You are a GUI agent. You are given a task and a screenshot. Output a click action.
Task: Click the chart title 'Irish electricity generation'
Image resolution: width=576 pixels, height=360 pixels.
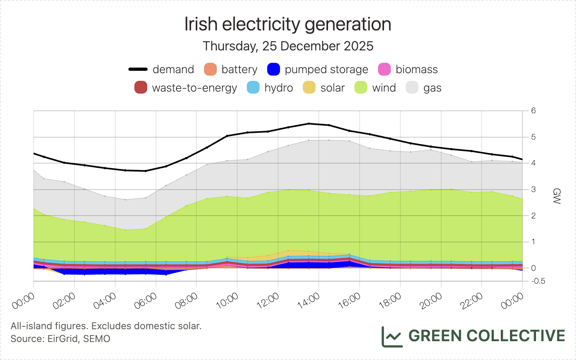pyautogui.click(x=288, y=24)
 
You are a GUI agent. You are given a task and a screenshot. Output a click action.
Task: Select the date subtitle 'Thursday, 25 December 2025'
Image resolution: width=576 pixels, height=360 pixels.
pyautogui.click(x=288, y=46)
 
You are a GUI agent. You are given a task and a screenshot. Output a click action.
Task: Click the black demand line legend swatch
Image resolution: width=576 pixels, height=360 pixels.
pyautogui.click(x=138, y=69)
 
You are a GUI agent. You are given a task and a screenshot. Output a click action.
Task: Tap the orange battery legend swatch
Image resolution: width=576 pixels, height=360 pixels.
pyautogui.click(x=210, y=69)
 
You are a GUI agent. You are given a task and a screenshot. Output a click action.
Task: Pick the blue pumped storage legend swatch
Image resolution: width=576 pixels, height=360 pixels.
pyautogui.click(x=274, y=69)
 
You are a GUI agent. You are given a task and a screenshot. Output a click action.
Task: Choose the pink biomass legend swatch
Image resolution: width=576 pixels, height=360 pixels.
pyautogui.click(x=384, y=69)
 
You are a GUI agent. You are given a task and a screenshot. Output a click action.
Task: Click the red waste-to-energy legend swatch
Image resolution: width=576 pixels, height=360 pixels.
pyautogui.click(x=141, y=88)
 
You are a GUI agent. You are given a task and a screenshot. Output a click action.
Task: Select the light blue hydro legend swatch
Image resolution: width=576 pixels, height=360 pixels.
pyautogui.click(x=253, y=88)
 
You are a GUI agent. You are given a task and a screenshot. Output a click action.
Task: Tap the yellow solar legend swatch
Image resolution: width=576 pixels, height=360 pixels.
pyautogui.click(x=309, y=88)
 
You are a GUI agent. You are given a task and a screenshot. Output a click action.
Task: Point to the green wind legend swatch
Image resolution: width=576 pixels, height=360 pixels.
pyautogui.click(x=361, y=88)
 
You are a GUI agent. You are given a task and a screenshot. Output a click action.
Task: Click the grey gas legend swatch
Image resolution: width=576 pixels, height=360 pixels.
pyautogui.click(x=412, y=88)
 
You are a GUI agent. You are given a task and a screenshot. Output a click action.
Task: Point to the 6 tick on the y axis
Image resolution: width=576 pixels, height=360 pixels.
pyautogui.click(x=534, y=111)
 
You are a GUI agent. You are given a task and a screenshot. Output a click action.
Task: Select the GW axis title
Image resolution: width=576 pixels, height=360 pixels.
pyautogui.click(x=556, y=196)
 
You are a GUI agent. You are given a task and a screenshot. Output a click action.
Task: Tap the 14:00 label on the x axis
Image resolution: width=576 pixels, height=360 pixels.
pyautogui.click(x=309, y=301)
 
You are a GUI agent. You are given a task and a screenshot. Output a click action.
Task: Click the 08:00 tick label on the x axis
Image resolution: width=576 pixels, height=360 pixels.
pyautogui.click(x=186, y=301)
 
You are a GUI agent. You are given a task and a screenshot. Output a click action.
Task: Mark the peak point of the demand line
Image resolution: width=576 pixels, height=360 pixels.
pyautogui.click(x=309, y=124)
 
